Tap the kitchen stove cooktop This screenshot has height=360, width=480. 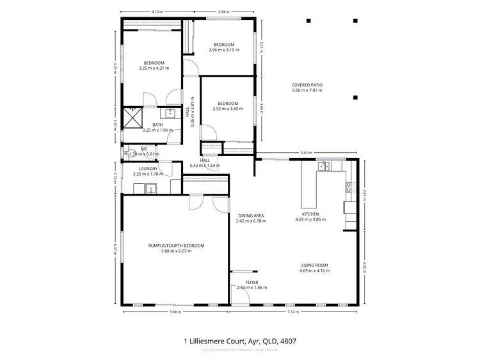tap(349, 187)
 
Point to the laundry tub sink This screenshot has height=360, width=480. tap(152, 187)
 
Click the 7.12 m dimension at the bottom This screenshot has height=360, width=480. tap(292, 312)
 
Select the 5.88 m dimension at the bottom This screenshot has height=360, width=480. tap(175, 312)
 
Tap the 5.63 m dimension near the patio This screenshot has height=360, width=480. tap(305, 152)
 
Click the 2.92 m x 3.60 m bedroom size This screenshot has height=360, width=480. tap(227, 109)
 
